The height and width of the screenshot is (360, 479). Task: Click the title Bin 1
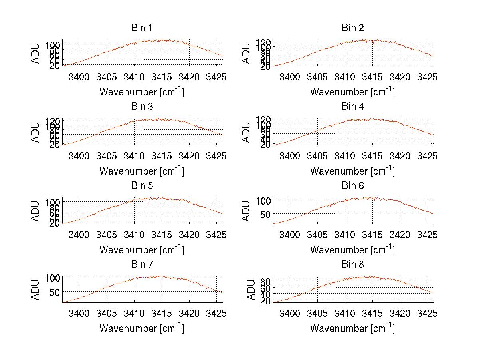(142, 28)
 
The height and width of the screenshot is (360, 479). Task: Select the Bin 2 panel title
(352, 28)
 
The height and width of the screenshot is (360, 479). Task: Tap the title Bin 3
(142, 107)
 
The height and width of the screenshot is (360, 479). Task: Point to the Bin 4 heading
(352, 107)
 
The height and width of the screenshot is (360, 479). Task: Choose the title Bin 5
(142, 186)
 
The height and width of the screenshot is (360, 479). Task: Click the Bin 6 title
(352, 186)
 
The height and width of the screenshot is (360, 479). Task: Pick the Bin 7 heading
(142, 265)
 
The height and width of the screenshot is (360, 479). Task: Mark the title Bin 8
(352, 265)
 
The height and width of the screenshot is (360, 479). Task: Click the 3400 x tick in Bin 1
(79, 77)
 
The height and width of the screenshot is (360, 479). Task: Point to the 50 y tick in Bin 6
(266, 214)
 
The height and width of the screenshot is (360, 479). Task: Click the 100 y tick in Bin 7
(53, 277)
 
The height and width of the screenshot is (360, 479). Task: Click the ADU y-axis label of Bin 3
(36, 132)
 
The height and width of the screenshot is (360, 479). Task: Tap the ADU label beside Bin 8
(251, 290)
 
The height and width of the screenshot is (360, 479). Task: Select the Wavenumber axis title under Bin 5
(142, 250)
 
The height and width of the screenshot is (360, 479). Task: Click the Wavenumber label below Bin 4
(352, 171)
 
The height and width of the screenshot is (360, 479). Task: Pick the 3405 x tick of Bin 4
(317, 156)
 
